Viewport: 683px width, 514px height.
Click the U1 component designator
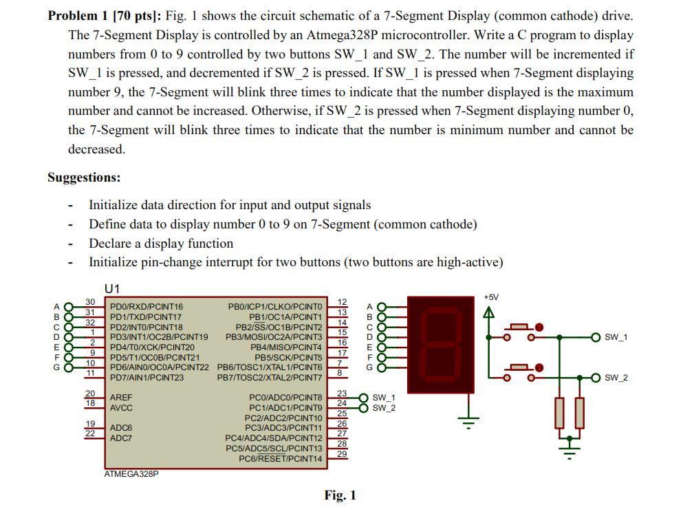click(112, 288)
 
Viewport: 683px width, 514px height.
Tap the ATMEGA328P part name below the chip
click(131, 474)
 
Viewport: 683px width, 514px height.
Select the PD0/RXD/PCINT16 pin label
click(147, 307)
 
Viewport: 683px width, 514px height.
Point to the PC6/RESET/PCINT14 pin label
click(280, 458)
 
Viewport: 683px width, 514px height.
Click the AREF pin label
click(121, 398)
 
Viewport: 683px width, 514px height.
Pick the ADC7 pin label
click(121, 438)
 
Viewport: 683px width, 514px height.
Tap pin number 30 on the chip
click(90, 302)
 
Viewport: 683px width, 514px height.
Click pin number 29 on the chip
click(342, 454)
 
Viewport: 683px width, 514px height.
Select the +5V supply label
click(490, 297)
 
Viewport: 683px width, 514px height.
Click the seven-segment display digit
click(440, 344)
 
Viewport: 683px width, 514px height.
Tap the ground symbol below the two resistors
click(569, 451)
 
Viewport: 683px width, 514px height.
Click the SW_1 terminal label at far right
click(616, 337)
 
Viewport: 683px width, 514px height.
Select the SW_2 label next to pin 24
click(384, 408)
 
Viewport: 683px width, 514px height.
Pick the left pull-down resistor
click(559, 412)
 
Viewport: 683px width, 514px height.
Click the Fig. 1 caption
click(340, 495)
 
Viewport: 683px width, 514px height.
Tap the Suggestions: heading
click(84, 178)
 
